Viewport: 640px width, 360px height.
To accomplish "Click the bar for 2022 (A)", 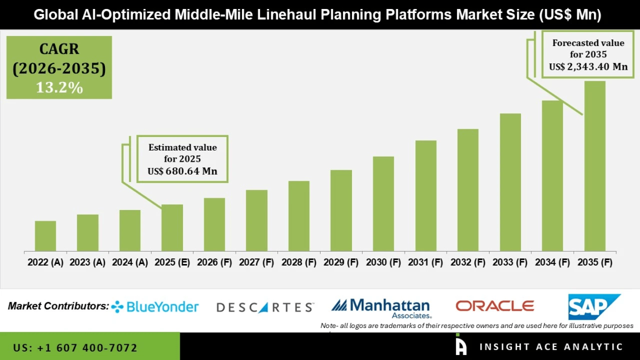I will [x=45, y=236].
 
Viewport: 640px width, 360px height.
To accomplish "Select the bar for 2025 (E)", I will [x=172, y=227].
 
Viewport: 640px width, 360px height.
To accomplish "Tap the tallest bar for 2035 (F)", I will [x=595, y=166].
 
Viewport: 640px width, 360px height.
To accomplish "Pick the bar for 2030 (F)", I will [x=383, y=203].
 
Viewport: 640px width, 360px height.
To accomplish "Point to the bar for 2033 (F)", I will [x=510, y=182].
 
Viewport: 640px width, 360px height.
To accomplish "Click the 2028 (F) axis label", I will [x=299, y=262].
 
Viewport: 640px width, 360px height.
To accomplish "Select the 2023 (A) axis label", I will [x=88, y=262].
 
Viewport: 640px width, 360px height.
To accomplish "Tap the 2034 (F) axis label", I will [x=552, y=262].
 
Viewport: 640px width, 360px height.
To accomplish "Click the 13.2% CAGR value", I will [x=60, y=88].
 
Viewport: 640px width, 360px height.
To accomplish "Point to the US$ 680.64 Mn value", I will [x=182, y=171].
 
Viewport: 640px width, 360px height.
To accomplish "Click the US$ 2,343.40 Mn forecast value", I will [x=588, y=67].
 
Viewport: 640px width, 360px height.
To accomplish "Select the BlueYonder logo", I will [x=155, y=307].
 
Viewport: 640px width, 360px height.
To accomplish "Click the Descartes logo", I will [x=265, y=307].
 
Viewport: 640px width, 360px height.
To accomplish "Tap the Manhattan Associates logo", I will [x=381, y=307].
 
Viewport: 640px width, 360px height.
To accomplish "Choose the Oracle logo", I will [x=495, y=306].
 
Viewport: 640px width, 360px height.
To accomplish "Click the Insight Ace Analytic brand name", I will [x=551, y=347].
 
